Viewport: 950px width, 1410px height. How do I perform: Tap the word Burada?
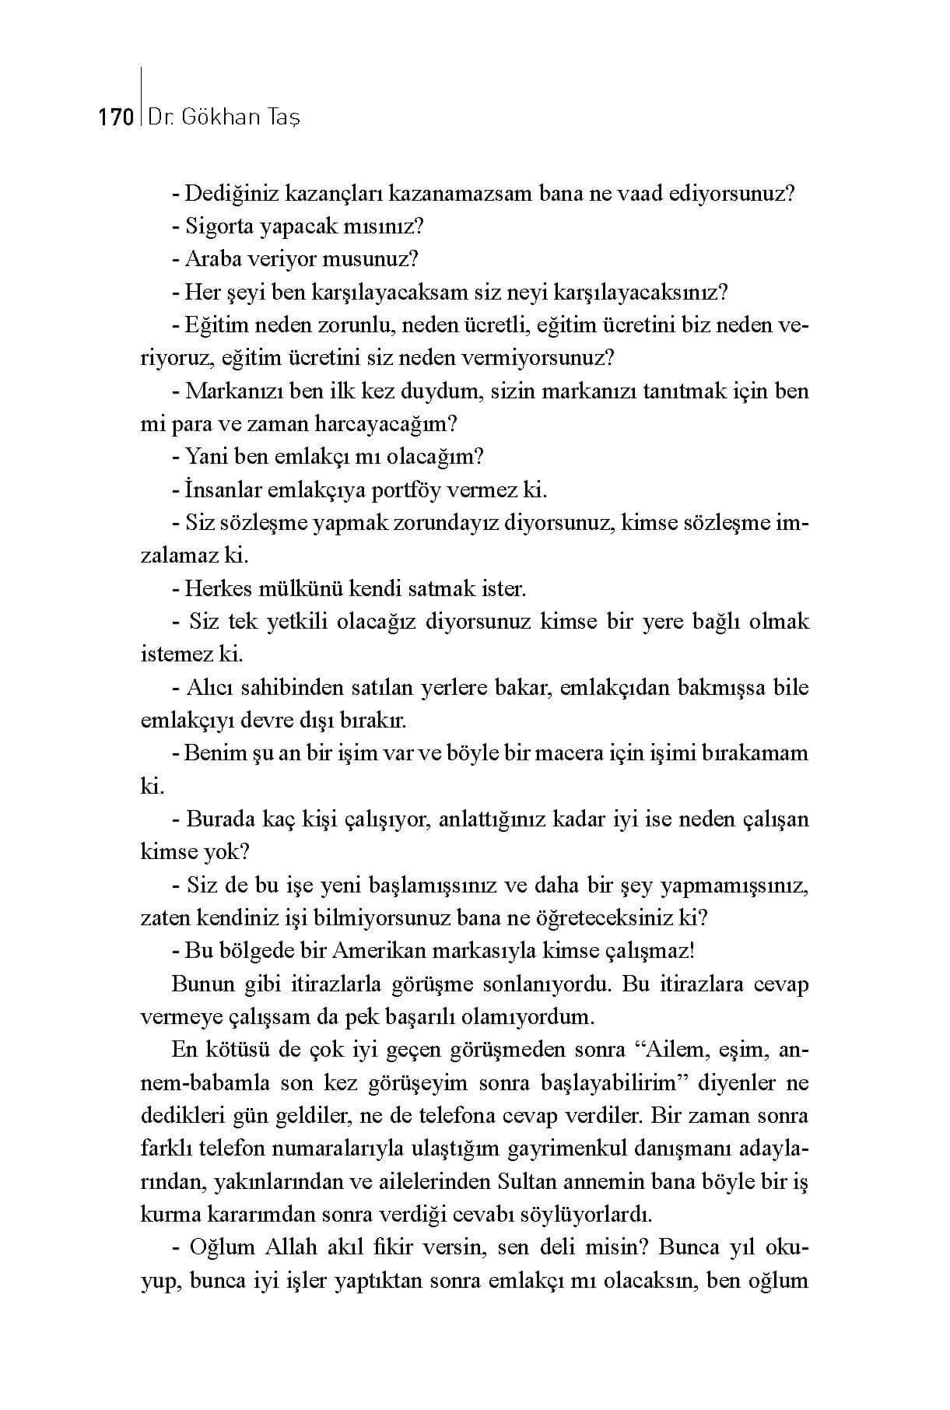pos(221,819)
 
